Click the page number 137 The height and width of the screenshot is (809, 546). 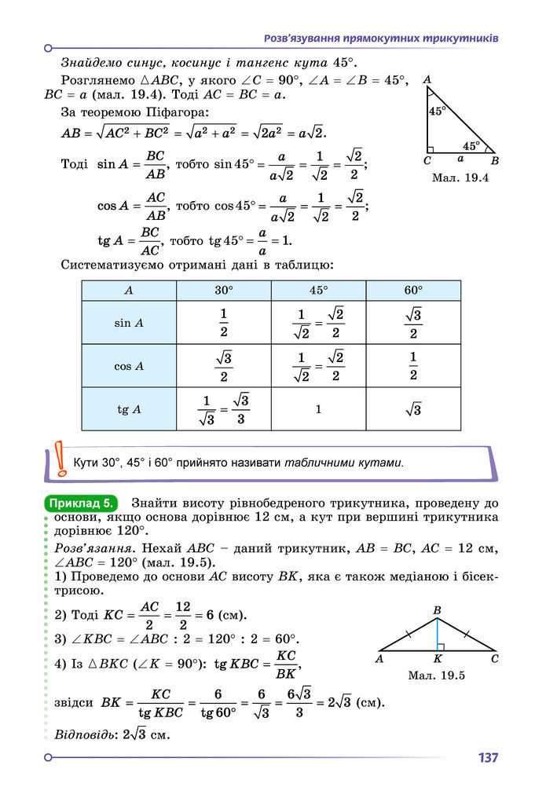coord(487,758)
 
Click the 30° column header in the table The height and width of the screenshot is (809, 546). coord(224,290)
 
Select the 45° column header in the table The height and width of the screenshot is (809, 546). coord(318,290)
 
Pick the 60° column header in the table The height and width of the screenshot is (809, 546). coord(413,290)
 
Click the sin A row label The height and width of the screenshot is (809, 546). coord(129,323)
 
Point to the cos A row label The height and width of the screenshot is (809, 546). coord(129,366)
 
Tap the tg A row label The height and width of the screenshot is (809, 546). coord(129,409)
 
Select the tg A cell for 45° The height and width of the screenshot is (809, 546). coord(318,409)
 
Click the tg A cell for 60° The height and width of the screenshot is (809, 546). coord(413,409)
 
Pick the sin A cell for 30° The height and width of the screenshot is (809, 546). coord(224,323)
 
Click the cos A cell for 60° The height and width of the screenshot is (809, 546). coord(413,366)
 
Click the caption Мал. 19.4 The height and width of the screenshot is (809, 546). coord(460,178)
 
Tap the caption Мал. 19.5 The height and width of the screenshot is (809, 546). coord(438,675)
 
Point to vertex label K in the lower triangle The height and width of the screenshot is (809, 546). coord(437,660)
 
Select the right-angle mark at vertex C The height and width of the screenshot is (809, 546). coord(430,149)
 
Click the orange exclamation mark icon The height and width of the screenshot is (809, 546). coord(60,461)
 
